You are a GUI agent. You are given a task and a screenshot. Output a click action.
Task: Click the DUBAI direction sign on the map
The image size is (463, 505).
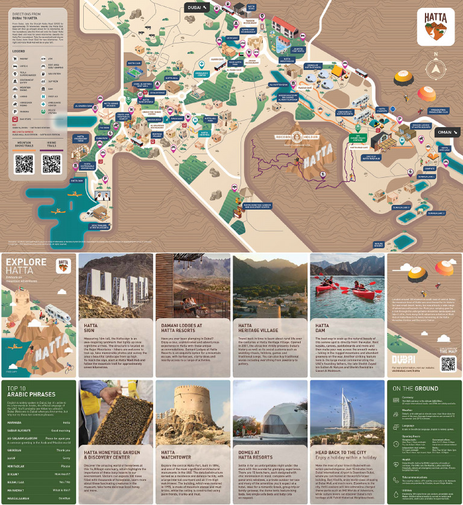(x=197, y=7)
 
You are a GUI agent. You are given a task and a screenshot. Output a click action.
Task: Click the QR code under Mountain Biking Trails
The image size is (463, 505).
(x=24, y=164)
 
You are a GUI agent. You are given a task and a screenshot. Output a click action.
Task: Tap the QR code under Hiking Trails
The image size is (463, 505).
(x=51, y=164)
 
